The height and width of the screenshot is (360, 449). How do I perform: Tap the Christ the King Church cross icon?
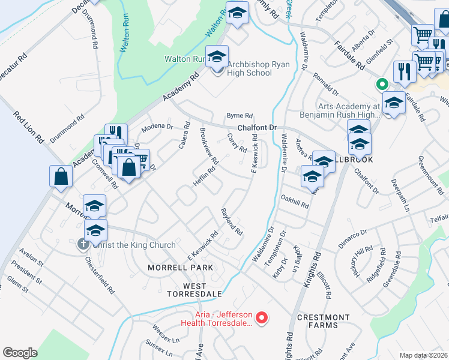pyautogui.click(x=83, y=245)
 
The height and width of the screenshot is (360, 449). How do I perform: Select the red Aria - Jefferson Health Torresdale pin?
pyautogui.click(x=261, y=318)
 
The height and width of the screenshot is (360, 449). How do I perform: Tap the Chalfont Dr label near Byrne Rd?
pyautogui.click(x=256, y=128)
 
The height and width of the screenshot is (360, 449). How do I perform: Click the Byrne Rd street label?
pyautogui.click(x=240, y=116)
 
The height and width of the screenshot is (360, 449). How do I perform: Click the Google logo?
pyautogui.click(x=20, y=353)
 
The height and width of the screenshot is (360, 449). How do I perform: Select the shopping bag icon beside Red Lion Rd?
pyautogui.click(x=61, y=176)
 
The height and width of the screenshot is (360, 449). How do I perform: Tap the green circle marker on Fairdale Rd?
pyautogui.click(x=379, y=85)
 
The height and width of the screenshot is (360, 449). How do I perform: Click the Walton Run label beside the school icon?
pyautogui.click(x=185, y=59)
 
